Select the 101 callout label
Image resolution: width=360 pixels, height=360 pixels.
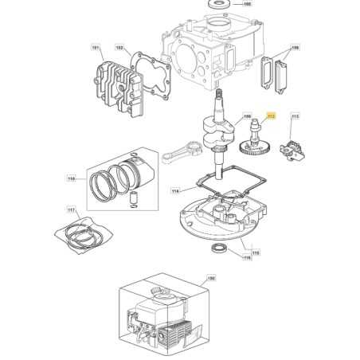(x=97, y=49)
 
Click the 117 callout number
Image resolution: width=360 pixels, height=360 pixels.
(x=71, y=210)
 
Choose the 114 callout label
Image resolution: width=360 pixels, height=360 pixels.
(x=175, y=191)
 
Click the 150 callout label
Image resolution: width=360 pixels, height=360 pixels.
(x=210, y=279)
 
